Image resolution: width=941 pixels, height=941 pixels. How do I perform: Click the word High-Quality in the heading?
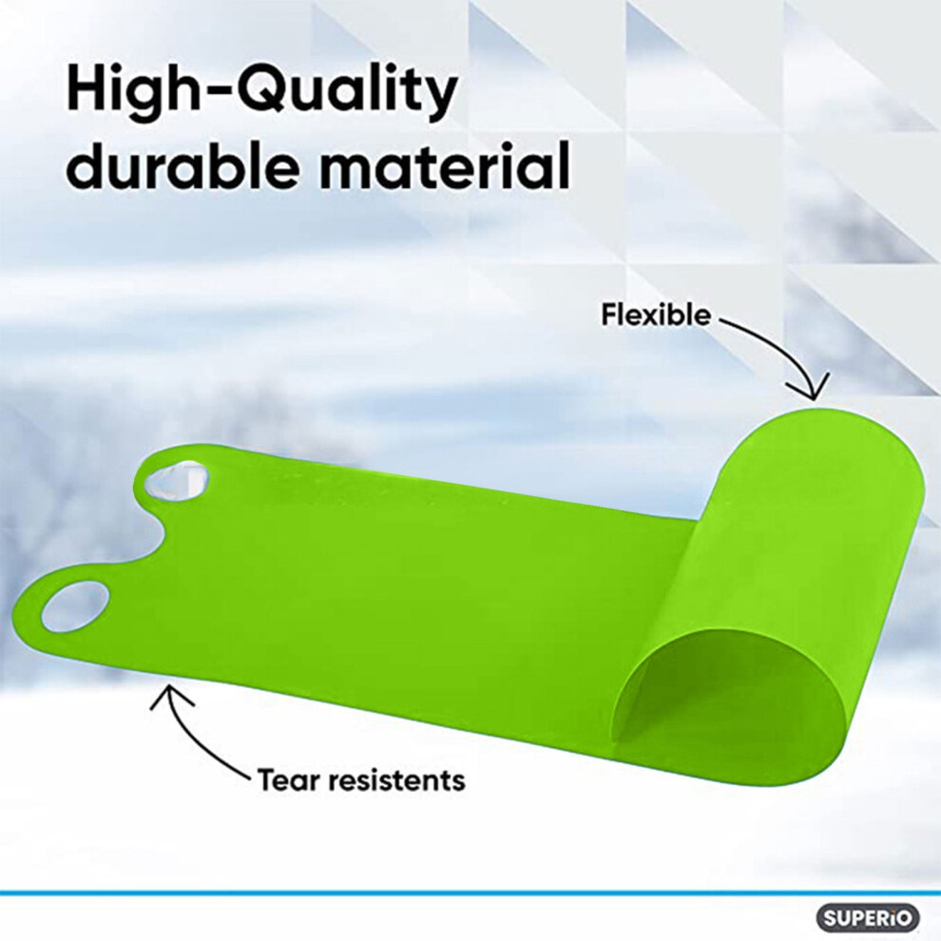(x=261, y=92)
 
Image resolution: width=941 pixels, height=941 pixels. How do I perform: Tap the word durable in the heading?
(x=182, y=163)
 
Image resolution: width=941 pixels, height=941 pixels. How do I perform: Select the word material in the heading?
(x=444, y=163)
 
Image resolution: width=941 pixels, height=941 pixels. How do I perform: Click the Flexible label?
(x=656, y=315)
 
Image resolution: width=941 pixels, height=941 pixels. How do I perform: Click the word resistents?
(x=391, y=780)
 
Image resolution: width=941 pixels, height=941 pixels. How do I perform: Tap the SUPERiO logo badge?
(x=868, y=918)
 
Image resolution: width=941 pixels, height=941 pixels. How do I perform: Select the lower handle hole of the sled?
(x=76, y=605)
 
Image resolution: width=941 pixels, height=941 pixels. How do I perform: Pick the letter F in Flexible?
(x=610, y=315)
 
